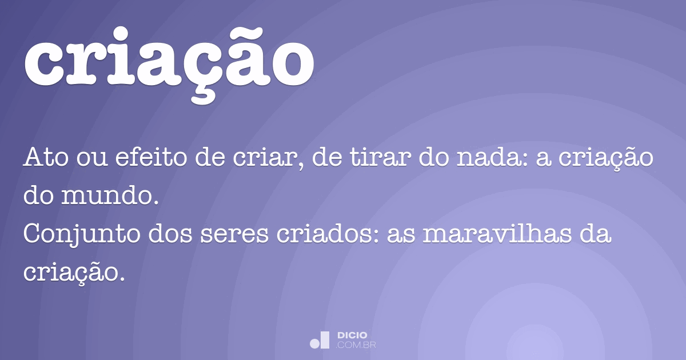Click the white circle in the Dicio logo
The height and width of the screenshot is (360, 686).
click(x=315, y=343)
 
